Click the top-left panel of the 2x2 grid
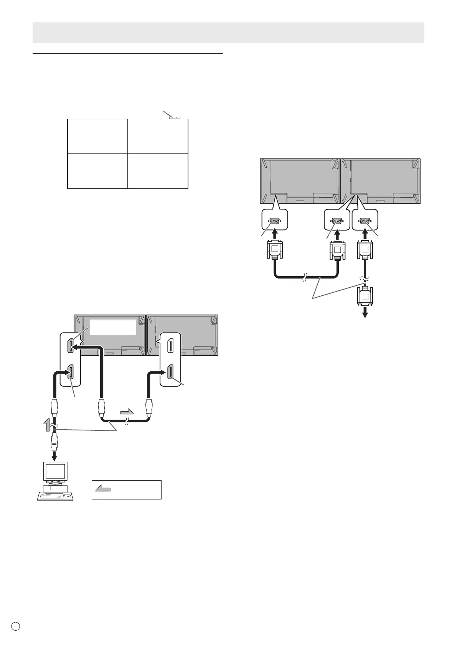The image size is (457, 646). coord(97,137)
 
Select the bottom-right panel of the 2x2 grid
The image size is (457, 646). coord(158,171)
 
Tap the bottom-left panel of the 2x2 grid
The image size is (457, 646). coord(97,171)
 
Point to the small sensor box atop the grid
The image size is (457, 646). coord(175,117)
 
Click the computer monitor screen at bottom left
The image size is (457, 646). coord(55,471)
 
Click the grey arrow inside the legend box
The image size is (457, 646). coord(102,489)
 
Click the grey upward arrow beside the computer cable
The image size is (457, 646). coord(47,425)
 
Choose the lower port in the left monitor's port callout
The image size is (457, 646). coord(71,373)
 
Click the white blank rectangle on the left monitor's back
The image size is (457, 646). coord(113,327)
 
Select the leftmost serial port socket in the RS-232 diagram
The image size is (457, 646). coord(274,221)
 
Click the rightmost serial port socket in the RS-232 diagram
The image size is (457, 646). coord(365,221)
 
